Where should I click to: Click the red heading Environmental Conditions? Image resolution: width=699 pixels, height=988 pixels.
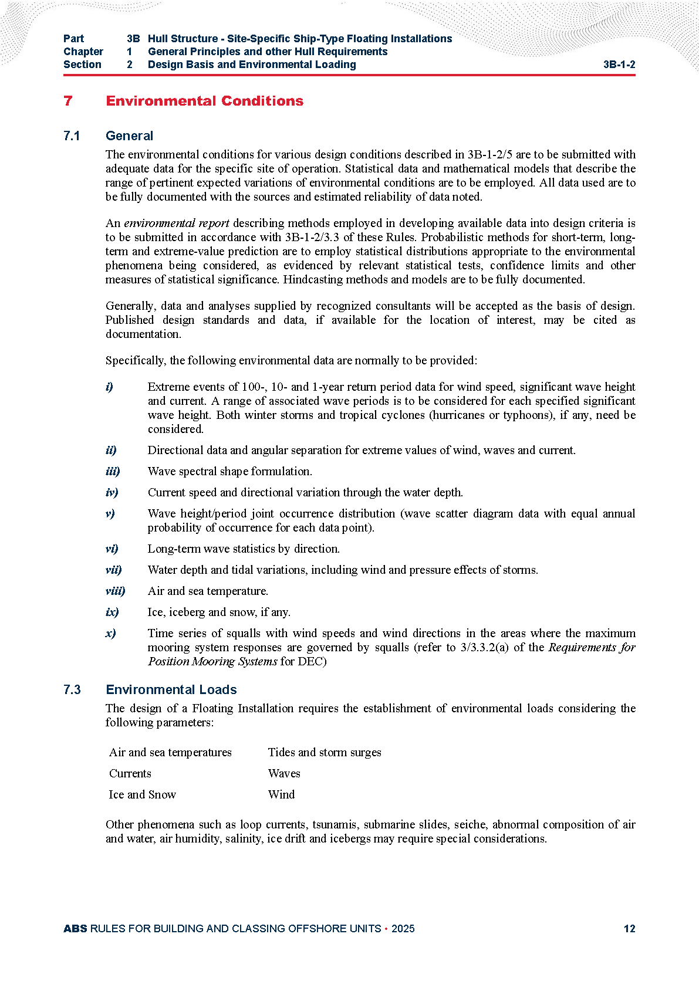point(204,101)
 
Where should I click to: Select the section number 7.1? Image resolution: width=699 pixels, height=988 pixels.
point(72,136)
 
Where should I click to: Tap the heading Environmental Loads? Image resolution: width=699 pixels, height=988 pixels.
point(171,690)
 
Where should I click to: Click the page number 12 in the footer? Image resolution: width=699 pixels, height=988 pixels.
point(629,929)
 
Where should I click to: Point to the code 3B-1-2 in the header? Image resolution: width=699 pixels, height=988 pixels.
point(619,65)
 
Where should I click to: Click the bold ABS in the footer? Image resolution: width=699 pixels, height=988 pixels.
point(75,929)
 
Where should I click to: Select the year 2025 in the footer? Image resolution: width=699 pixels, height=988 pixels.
point(403,929)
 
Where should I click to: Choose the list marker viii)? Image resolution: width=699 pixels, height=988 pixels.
point(115,591)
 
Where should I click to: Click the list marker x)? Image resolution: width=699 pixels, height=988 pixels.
point(110,634)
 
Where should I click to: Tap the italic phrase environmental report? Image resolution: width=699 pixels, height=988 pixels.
point(176,224)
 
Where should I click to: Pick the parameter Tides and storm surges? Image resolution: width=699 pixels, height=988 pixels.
point(325,753)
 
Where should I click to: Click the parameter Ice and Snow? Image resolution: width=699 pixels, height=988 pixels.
point(142,795)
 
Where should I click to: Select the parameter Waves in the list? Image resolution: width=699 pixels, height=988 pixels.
point(284,774)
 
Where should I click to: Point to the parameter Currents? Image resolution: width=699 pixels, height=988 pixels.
point(130,774)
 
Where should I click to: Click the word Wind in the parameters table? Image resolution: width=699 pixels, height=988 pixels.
point(281,795)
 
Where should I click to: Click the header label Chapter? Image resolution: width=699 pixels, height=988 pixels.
point(83,52)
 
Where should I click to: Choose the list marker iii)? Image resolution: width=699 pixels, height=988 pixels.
point(113,472)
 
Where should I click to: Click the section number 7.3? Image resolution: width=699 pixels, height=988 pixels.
point(72,690)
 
